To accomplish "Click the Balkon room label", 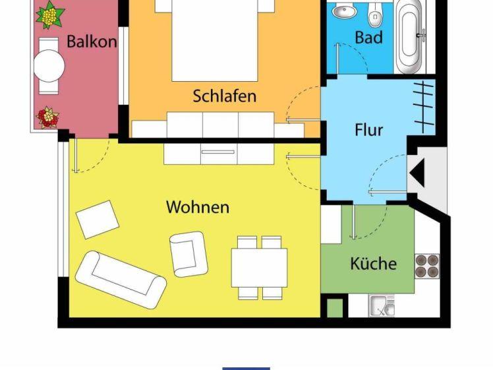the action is tap(92, 42).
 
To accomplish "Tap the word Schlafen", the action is tap(225, 96).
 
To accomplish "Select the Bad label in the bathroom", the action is tap(369, 38).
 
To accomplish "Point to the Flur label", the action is tap(369, 130).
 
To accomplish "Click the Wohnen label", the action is tap(198, 207).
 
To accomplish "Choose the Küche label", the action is tap(374, 263).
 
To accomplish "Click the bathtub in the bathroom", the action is tap(409, 36).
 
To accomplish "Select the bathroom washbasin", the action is tap(344, 12).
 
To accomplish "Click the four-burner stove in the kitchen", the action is tap(427, 266).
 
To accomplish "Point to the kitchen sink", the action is tap(382, 305).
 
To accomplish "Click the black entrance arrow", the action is tap(418, 173).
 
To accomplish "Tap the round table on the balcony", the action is tap(49, 66).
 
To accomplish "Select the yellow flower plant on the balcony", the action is tap(50, 15).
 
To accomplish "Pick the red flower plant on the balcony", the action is tap(48, 117).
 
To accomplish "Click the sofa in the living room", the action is tap(121, 280).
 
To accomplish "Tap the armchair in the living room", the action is tap(188, 254).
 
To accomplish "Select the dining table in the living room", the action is tap(260, 268).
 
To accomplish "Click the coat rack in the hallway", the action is tap(424, 107).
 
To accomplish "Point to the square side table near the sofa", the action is tap(98, 220).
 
